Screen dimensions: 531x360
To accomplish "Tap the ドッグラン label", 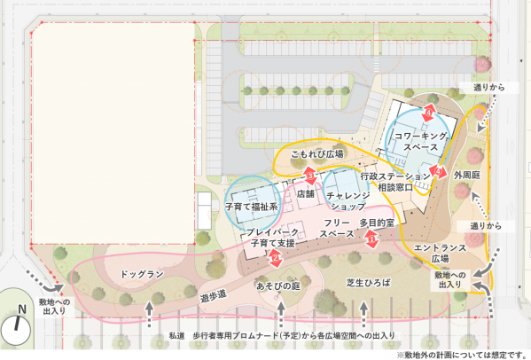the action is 143,275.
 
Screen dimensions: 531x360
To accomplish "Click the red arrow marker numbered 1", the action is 372,238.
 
